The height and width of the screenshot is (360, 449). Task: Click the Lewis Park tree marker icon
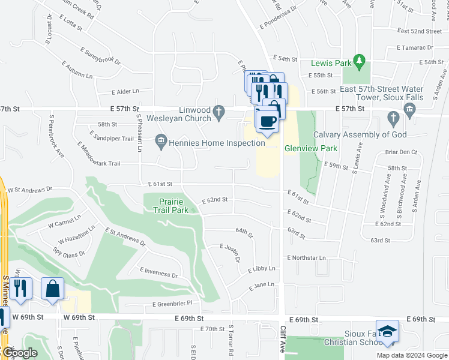tap(360, 61)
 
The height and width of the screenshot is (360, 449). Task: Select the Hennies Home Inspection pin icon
tap(161, 142)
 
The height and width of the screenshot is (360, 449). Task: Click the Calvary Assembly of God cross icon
tap(393, 118)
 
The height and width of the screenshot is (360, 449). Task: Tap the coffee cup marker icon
tap(267, 121)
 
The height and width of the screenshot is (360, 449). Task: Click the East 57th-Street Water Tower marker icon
tap(409, 109)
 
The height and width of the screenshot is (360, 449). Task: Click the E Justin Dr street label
tap(231, 252)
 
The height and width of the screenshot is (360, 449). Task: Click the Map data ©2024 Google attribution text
tap(412, 355)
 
